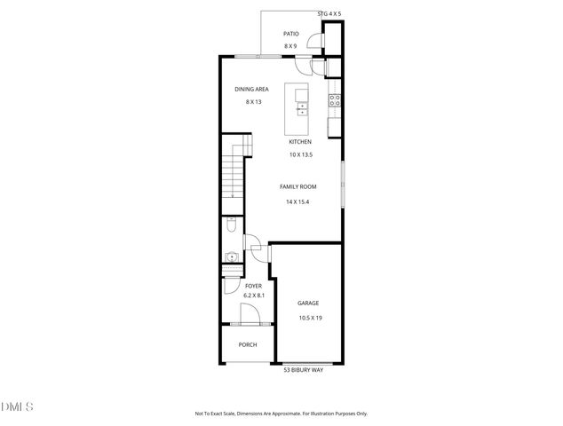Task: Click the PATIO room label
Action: pos(290,34)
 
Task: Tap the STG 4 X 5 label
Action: pos(329,13)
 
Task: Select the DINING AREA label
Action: pos(251,89)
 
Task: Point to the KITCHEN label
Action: pos(299,142)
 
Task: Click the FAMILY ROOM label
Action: pos(297,186)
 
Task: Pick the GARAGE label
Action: pos(308,304)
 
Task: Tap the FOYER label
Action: pos(253,286)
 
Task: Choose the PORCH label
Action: pos(248,344)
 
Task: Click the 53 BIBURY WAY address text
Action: pos(305,370)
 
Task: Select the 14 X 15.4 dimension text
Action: pos(297,201)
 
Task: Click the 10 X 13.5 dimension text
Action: pos(299,154)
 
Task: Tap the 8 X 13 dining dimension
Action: pos(253,101)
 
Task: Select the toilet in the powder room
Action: pos(231,225)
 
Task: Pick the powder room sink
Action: pos(230,258)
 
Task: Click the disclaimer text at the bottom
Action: pos(281,414)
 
